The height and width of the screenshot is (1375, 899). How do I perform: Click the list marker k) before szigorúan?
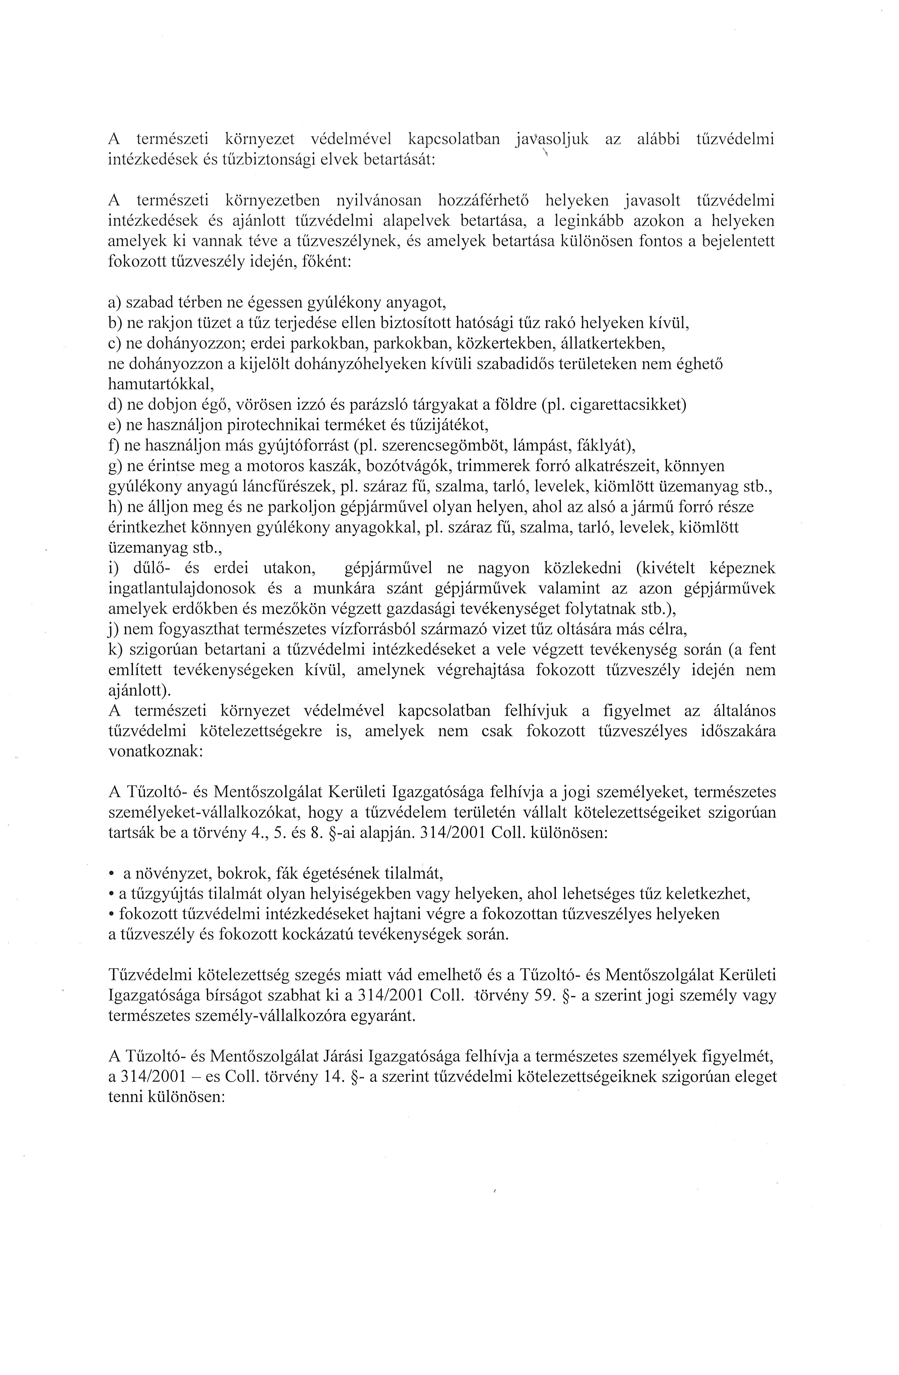114,650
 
